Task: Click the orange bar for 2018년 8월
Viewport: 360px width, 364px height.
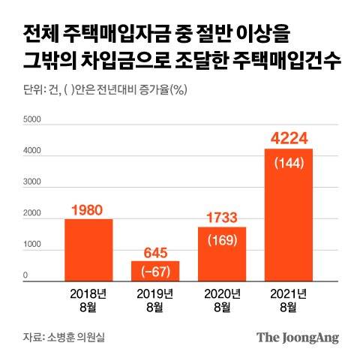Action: coord(88,249)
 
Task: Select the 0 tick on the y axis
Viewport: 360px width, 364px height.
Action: coord(26,277)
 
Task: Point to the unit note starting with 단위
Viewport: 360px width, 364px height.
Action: coord(98,91)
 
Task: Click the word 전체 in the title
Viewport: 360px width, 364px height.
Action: coord(41,35)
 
